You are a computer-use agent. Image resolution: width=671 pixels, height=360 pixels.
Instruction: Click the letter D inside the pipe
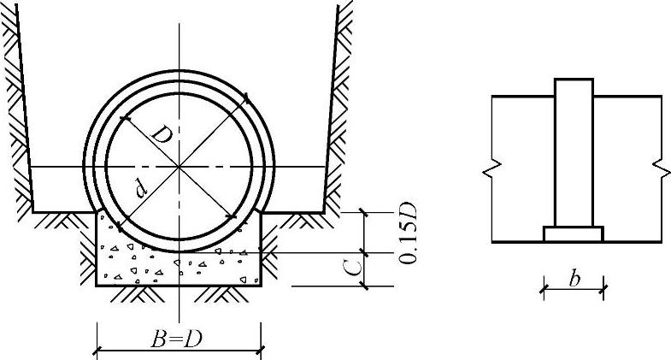click(x=162, y=135)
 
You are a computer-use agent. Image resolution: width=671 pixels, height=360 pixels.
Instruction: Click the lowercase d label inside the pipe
click(x=141, y=188)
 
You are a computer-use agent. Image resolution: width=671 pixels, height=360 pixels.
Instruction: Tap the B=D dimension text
click(x=176, y=339)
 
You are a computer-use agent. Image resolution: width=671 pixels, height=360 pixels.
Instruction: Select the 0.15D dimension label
click(x=408, y=233)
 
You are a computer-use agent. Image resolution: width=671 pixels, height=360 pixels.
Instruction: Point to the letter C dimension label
click(x=353, y=268)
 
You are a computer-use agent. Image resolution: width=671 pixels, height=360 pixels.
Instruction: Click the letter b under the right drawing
click(x=574, y=279)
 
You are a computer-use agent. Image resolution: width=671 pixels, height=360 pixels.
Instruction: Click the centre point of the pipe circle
click(x=179, y=166)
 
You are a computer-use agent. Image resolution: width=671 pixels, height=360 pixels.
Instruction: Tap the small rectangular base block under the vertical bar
click(x=574, y=234)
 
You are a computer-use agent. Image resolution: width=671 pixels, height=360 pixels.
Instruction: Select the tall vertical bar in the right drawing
click(x=574, y=153)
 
